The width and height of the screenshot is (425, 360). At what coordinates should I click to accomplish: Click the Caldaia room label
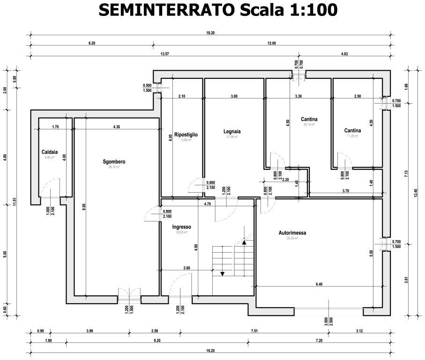(49, 152)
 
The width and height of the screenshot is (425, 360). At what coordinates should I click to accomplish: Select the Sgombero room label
(114, 162)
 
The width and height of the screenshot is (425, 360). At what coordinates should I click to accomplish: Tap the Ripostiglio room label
(186, 135)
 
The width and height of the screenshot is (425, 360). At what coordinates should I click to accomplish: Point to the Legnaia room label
(232, 131)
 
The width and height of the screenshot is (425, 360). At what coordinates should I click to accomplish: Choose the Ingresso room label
(181, 227)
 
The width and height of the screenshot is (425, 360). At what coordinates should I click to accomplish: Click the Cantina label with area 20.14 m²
(309, 120)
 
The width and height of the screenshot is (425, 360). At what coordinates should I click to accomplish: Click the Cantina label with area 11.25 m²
(352, 130)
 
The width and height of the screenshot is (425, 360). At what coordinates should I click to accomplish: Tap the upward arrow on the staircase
(244, 241)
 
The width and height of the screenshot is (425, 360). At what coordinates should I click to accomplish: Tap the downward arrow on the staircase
(223, 273)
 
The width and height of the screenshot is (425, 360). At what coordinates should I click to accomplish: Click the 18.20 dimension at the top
(210, 33)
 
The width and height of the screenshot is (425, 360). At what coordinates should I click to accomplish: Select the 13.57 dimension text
(164, 54)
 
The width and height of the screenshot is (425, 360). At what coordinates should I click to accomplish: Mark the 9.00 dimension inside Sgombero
(83, 205)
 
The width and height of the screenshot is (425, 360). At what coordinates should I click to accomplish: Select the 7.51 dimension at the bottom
(254, 331)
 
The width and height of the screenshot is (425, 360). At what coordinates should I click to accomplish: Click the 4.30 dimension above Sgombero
(116, 127)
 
